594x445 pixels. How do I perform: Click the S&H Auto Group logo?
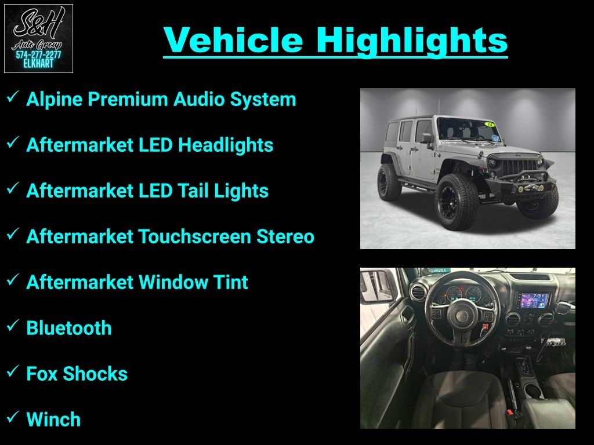(38, 38)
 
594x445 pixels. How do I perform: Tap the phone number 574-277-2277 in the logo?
(38, 55)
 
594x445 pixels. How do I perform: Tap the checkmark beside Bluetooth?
(13, 326)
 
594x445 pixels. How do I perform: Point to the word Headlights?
(226, 145)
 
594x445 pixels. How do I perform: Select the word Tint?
(230, 282)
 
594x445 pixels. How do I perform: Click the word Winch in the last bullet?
(53, 420)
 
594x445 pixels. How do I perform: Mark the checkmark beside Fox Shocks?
(13, 372)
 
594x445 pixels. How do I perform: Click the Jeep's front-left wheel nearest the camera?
(457, 201)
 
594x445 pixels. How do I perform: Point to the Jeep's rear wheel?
(389, 181)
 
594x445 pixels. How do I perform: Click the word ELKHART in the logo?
(38, 64)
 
